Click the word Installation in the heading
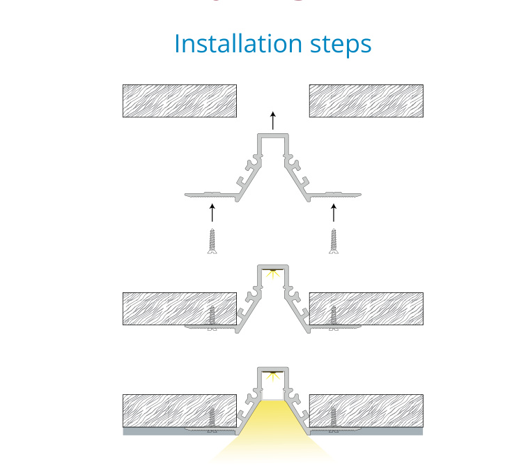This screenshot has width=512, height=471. [238, 43]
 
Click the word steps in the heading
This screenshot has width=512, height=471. [341, 45]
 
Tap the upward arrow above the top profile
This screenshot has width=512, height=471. [273, 120]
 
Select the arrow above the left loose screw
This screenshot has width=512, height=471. [212, 213]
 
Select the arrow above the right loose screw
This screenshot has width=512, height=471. [334, 213]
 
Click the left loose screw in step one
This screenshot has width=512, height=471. [212, 241]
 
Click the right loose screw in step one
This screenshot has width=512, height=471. [334, 241]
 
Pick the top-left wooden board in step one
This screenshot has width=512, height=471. [180, 100]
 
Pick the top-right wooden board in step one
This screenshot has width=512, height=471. [366, 100]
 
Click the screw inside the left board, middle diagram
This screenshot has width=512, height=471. [212, 317]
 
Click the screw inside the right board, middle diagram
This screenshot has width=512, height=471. [334, 317]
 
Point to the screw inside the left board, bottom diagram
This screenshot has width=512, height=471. [212, 419]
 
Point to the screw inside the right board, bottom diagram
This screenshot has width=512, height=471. [334, 419]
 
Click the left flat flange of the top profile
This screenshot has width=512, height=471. [211, 195]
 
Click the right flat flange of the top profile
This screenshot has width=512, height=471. [334, 195]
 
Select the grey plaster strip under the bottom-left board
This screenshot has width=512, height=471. [180, 432]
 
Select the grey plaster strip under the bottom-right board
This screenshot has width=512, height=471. [366, 432]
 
